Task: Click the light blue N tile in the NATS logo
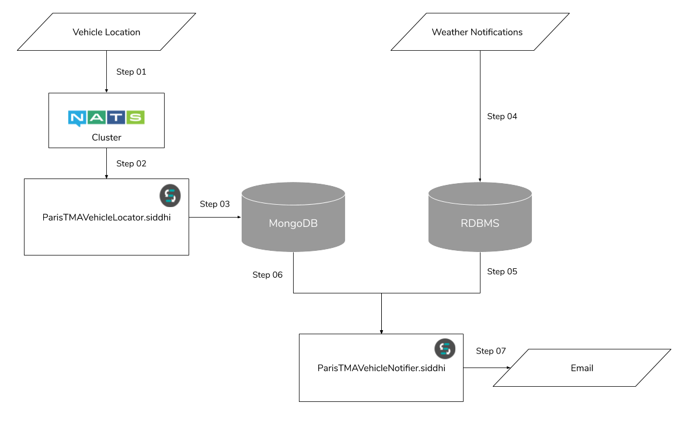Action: click(76, 117)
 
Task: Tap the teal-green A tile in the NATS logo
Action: click(96, 117)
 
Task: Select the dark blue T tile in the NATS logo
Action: click(116, 117)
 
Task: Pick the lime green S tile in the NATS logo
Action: click(135, 117)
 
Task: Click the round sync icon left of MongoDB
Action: click(170, 196)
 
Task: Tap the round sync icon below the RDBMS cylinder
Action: click(445, 349)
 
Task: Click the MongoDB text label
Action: click(293, 223)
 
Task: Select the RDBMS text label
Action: click(480, 223)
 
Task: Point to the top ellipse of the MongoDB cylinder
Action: click(293, 193)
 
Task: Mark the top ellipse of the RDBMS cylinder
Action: click(480, 193)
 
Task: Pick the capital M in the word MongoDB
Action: click(273, 223)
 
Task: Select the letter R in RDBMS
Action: click(464, 223)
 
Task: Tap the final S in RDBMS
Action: click(496, 223)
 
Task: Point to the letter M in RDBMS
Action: click(488, 223)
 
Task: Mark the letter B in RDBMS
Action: click(479, 223)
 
